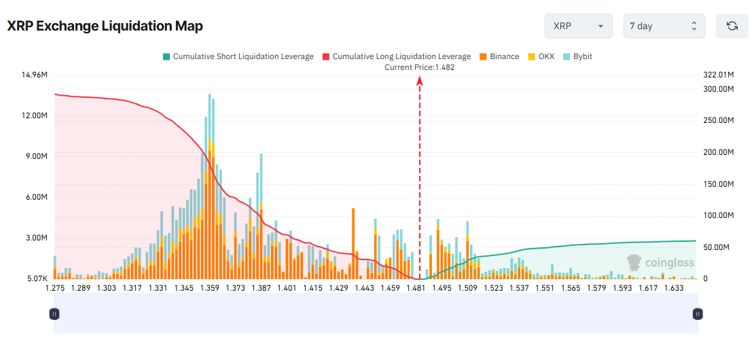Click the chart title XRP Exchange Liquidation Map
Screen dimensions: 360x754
[105, 26]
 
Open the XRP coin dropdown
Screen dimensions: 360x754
[578, 26]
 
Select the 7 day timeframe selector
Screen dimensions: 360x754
[664, 26]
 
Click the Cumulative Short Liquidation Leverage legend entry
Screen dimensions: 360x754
[238, 56]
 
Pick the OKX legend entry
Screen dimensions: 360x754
[541, 56]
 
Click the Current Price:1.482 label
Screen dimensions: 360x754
[419, 67]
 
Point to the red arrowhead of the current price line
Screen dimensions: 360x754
[420, 81]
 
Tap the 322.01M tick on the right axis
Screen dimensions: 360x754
[719, 74]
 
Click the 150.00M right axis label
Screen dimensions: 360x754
[719, 184]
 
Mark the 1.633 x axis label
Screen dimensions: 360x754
[673, 288]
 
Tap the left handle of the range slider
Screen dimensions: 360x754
[54, 314]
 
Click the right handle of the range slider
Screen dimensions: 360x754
[698, 314]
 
